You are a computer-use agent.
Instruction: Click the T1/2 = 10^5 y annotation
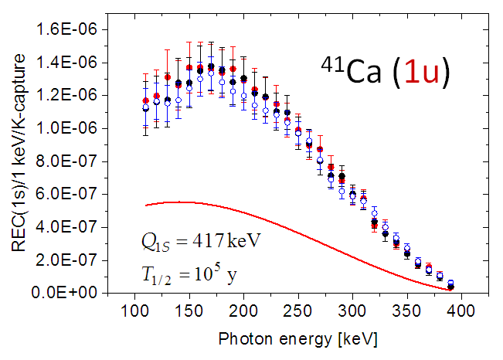tap(190, 275)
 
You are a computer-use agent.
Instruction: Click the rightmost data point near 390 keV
tap(451, 285)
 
